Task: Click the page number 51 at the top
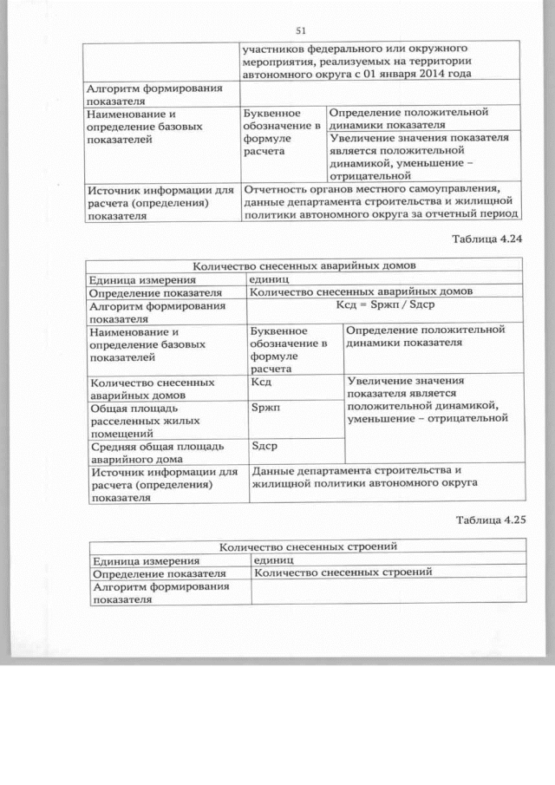click(x=301, y=28)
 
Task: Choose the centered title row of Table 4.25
click(x=308, y=546)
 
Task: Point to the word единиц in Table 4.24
click(x=271, y=278)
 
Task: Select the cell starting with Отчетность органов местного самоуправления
click(x=382, y=201)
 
